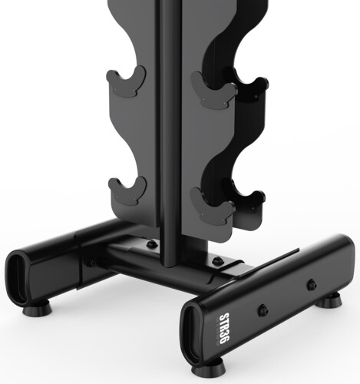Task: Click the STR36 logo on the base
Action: point(223,329)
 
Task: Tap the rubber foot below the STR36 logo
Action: point(209,367)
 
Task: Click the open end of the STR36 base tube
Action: point(194,328)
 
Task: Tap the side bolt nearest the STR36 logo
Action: point(263,310)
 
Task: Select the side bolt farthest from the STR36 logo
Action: point(312,285)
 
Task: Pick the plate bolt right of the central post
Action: point(217,260)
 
